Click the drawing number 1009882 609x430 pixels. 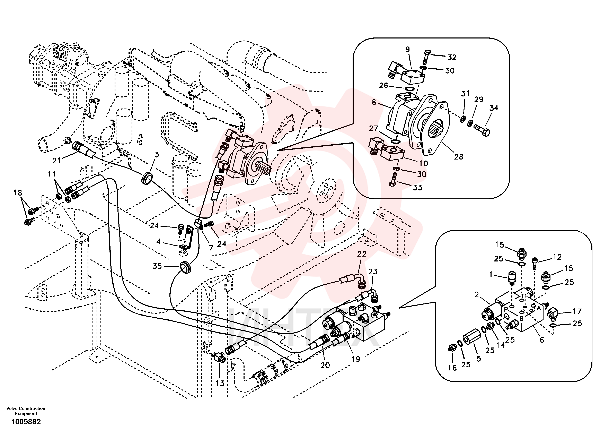click(26, 422)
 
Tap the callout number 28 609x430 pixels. click(459, 157)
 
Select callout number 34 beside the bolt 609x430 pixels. click(494, 108)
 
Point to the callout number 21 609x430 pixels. click(56, 160)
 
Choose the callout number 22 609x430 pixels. click(362, 254)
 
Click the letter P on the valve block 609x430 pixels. click(506, 309)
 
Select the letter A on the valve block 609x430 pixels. click(539, 308)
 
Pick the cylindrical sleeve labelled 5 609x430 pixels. click(470, 341)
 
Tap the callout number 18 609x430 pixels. click(18, 193)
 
